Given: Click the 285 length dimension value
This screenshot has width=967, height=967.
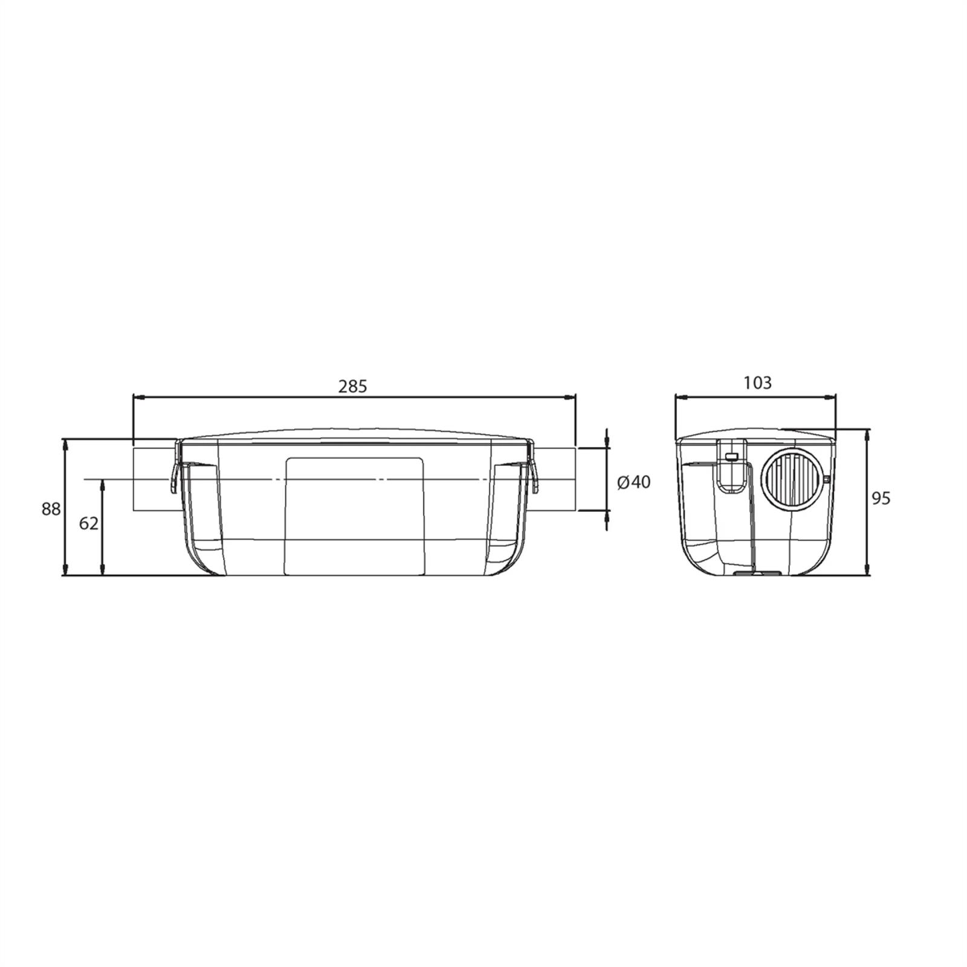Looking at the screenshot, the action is click(352, 386).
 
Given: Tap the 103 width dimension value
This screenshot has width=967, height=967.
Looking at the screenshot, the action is click(757, 383).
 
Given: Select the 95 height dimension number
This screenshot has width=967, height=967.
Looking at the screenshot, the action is click(881, 498).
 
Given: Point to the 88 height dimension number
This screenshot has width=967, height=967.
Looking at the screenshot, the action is click(51, 509).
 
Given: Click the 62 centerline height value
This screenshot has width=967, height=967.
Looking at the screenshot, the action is click(89, 523).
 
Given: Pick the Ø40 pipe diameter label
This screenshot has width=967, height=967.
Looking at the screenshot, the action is click(634, 482).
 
